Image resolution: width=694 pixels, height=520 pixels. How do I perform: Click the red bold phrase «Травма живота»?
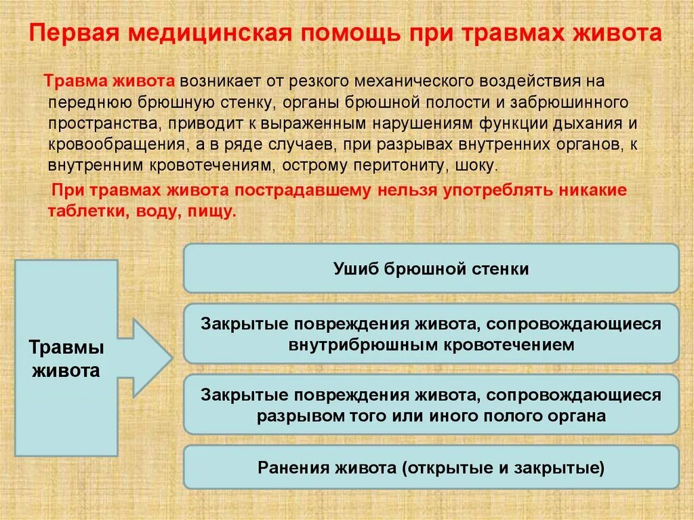[x=110, y=81]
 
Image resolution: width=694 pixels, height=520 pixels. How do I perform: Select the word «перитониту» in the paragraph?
[x=411, y=166]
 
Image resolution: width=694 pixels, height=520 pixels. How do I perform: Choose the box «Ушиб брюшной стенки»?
[x=430, y=268]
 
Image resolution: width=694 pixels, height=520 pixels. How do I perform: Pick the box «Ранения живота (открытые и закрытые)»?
[x=430, y=468]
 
